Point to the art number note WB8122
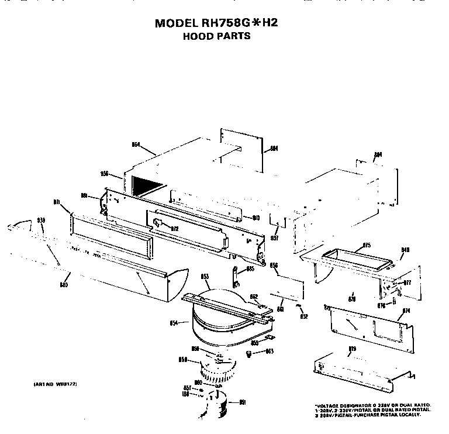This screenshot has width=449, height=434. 51,384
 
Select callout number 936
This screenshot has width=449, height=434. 105,173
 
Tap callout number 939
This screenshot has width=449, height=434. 41,220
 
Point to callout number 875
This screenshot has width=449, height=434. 367,245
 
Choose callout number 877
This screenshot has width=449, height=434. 407,283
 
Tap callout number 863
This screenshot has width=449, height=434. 270,352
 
